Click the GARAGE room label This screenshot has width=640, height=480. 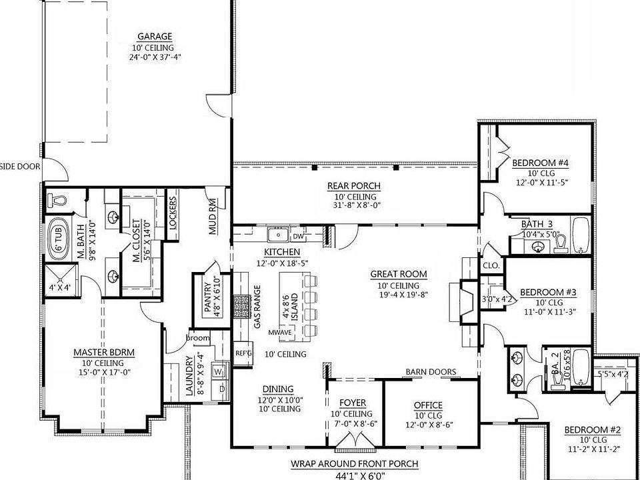pos(155,37)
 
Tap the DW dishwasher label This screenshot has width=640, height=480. pos(298,236)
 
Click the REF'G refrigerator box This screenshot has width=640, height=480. pos(243,353)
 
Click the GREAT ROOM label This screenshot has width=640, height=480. pos(399,273)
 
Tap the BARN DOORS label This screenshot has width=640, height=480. pos(431,372)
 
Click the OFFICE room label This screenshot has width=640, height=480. pos(429,405)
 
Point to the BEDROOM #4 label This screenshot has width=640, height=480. pos(540,162)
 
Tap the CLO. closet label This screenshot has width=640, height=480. pos(491,265)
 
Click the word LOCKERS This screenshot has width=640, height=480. pos(173,213)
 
